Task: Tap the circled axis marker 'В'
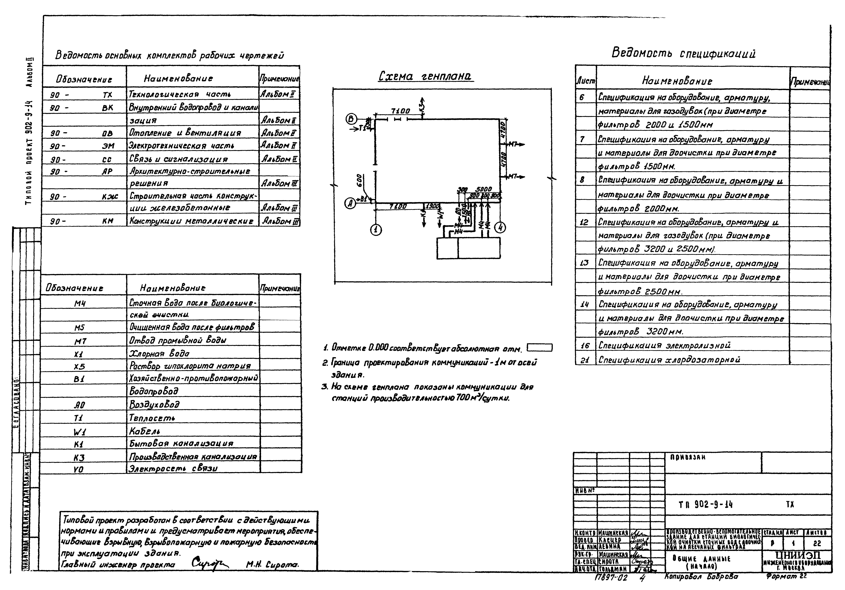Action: [x=351, y=119]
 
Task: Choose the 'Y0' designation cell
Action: [x=79, y=469]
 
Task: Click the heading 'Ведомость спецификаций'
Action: [x=683, y=53]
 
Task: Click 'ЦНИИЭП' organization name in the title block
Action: [x=797, y=555]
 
